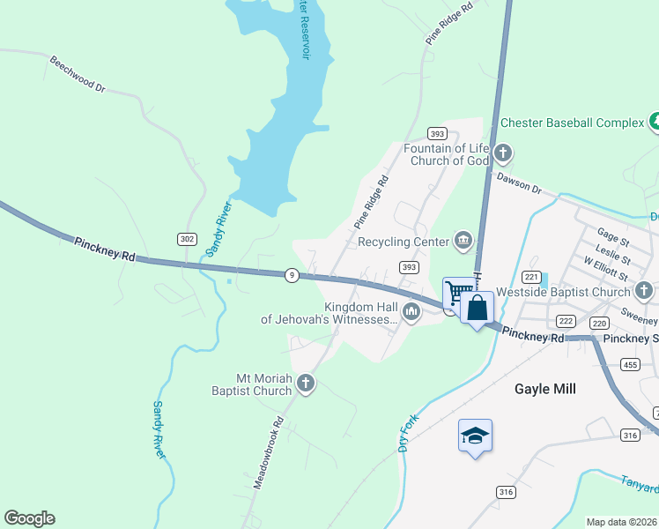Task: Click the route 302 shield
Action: pos(187,239)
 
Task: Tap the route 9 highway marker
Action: pos(292,275)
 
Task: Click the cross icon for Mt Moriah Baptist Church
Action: pos(305,383)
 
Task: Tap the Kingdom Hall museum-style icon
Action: pos(411,311)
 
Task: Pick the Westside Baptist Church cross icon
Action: pos(644,291)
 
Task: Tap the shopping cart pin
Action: pos(456,292)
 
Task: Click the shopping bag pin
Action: pos(477,308)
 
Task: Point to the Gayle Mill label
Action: pos(544,388)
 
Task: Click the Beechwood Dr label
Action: pos(78,76)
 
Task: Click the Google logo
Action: pos(29,518)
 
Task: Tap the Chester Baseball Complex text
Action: pos(573,123)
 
